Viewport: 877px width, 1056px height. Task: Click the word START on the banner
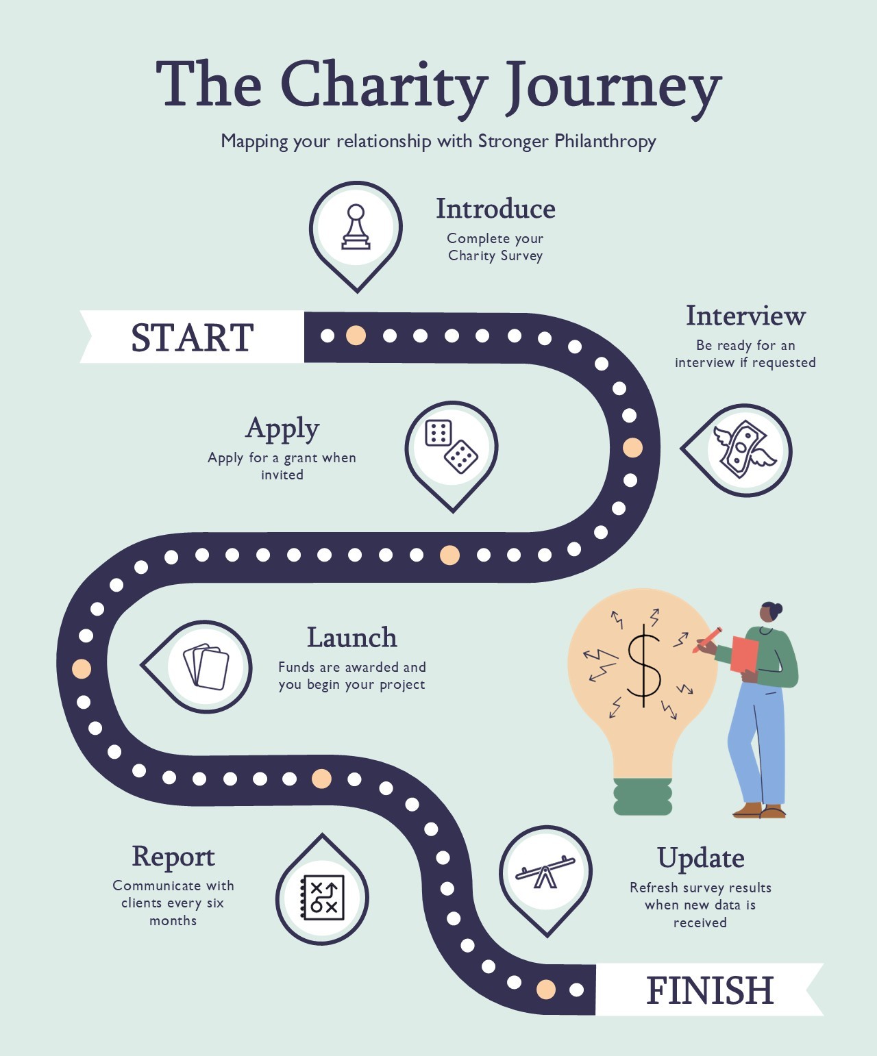(192, 338)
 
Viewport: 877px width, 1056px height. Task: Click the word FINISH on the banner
(710, 990)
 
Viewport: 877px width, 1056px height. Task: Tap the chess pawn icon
(356, 227)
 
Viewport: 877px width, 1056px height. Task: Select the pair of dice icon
(451, 447)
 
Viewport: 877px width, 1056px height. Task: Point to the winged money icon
(744, 449)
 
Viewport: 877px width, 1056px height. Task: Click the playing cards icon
(206, 666)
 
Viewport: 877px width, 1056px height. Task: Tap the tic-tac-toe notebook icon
(323, 897)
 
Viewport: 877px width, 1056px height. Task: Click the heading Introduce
(495, 209)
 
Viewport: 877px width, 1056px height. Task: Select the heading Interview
(745, 316)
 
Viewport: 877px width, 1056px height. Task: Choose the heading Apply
(282, 429)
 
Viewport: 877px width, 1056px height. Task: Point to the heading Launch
(351, 638)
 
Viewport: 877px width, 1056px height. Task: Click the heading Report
(173, 856)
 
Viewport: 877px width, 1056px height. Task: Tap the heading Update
(700, 858)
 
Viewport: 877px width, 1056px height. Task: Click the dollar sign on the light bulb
(643, 668)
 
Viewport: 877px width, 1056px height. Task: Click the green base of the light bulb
(643, 796)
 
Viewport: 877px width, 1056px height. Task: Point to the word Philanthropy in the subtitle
(605, 141)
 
